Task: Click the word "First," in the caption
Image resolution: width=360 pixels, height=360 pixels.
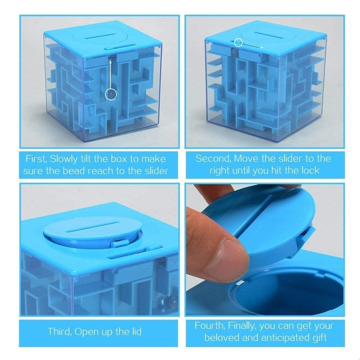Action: pos(36,159)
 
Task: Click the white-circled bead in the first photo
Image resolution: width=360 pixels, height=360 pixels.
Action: pos(111,94)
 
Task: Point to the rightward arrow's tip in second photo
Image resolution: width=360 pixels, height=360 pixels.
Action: pos(263,47)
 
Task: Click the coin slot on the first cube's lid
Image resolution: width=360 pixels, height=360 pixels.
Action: pos(100,36)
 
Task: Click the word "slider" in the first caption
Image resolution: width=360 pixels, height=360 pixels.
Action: pos(157,171)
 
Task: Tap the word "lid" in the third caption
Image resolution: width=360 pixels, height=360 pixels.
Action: pos(136,332)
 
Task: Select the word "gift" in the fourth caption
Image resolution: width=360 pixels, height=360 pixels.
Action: pos(319,338)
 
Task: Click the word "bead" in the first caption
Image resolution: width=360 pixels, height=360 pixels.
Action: pos(74,171)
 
